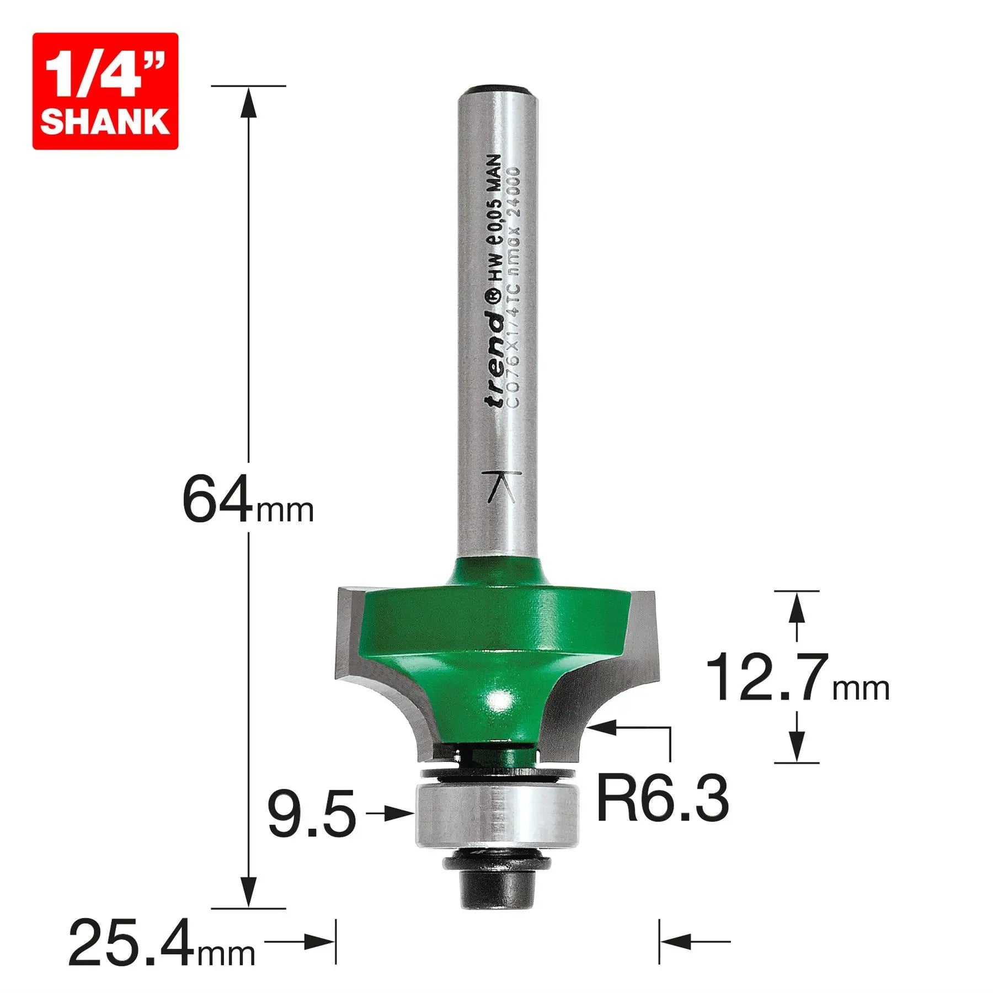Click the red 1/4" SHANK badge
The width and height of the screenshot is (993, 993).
click(x=105, y=91)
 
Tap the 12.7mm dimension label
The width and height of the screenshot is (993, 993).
click(x=797, y=677)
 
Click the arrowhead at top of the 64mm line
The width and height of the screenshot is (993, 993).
click(x=248, y=102)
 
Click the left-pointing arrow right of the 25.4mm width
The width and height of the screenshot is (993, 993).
click(x=676, y=941)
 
